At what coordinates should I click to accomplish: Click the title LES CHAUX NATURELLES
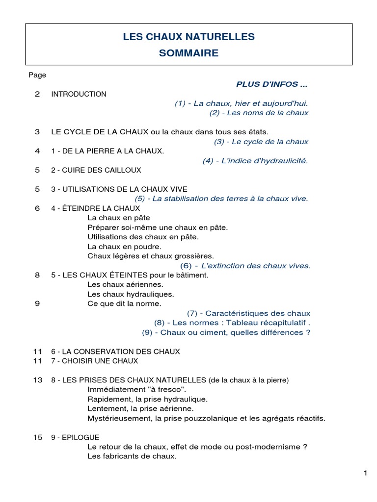pyautogui.click(x=188, y=37)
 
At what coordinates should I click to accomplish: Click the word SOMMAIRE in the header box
pyautogui.click(x=188, y=53)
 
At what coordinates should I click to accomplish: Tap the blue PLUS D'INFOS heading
pyautogui.click(x=272, y=84)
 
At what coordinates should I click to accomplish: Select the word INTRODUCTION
pyautogui.click(x=79, y=94)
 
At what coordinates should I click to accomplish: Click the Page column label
pyautogui.click(x=37, y=75)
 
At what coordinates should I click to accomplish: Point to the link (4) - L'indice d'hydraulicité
pyautogui.click(x=255, y=161)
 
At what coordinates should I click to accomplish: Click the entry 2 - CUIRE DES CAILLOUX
pyautogui.click(x=96, y=170)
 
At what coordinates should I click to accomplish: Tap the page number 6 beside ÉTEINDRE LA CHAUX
pyautogui.click(x=37, y=208)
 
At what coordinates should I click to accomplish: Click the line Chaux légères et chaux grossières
pyautogui.click(x=151, y=256)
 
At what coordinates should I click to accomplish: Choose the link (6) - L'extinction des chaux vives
pyautogui.click(x=245, y=266)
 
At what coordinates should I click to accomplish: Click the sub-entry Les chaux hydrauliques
pyautogui.click(x=131, y=294)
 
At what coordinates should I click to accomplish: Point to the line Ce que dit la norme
pyautogui.click(x=124, y=304)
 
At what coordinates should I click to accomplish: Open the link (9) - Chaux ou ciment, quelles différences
pyautogui.click(x=226, y=332)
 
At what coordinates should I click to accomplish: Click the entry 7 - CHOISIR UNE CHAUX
pyautogui.click(x=95, y=361)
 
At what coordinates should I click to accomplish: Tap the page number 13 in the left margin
pyautogui.click(x=38, y=380)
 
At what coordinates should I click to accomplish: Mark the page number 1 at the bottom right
pyautogui.click(x=365, y=473)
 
